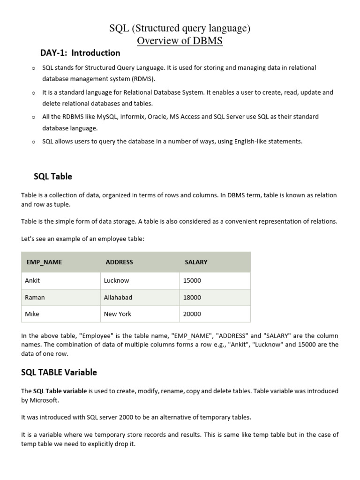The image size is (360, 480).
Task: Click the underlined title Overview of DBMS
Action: coord(180,41)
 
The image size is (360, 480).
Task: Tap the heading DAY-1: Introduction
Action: coord(80,52)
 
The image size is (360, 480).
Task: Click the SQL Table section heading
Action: coord(53,176)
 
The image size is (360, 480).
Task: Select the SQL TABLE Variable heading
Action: coord(59,372)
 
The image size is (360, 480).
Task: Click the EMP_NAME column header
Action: coord(44,262)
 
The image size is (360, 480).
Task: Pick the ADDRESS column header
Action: coord(119,262)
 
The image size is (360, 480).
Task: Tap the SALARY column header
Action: coord(196,262)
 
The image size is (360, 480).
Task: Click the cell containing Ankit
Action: coord(32,280)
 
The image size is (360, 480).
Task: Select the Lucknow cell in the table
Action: coord(116,280)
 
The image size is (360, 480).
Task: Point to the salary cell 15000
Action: coord(192,280)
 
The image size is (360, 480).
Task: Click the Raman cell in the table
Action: coord(35,297)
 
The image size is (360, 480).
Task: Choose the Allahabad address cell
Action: coord(118,297)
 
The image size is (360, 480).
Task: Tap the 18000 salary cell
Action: coord(192,297)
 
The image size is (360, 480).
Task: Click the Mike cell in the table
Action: coord(32,314)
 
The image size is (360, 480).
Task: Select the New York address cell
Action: coord(118,314)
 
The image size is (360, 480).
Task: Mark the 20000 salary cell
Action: coord(192,314)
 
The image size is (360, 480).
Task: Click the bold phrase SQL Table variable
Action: coord(60,391)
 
